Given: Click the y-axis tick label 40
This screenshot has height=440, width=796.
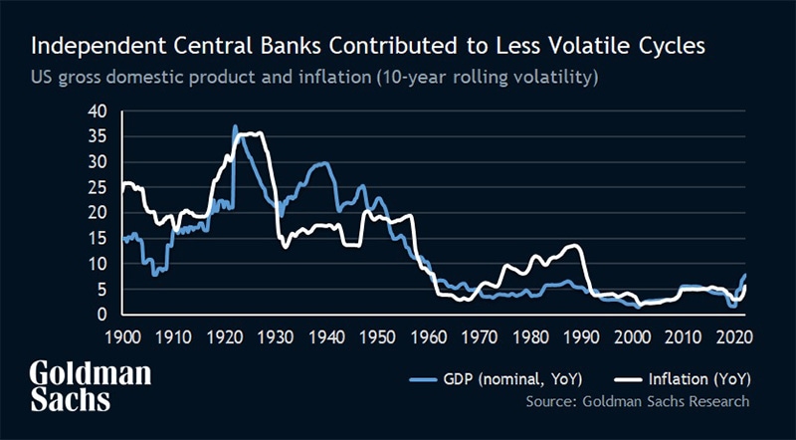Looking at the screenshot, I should (x=96, y=110).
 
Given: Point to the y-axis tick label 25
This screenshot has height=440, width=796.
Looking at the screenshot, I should (x=96, y=187).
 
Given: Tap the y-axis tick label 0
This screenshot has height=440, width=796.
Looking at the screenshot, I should (x=101, y=315).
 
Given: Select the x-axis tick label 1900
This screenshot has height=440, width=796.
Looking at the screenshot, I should (x=124, y=336).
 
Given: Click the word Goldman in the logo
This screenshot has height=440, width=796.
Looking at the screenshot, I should (x=91, y=374).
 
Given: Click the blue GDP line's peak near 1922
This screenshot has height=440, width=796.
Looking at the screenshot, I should (x=235, y=126).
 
